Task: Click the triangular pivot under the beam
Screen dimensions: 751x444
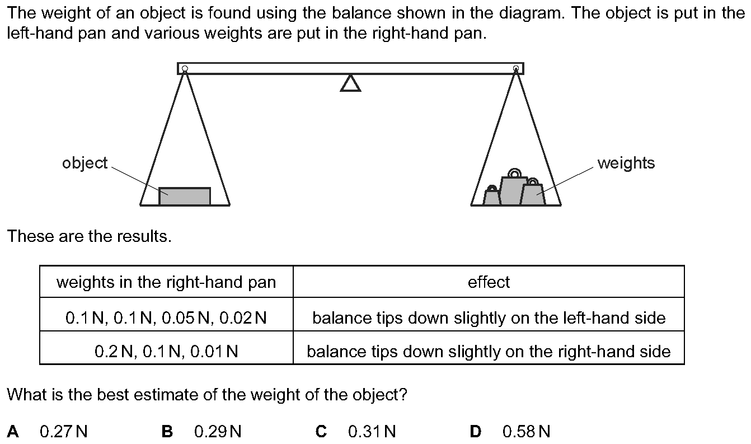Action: (x=350, y=83)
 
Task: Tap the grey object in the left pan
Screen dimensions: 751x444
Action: (x=185, y=196)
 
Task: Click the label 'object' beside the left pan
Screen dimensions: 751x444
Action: (x=85, y=163)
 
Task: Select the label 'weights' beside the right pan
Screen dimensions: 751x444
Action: (x=626, y=163)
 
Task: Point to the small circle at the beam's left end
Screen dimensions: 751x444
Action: (x=185, y=69)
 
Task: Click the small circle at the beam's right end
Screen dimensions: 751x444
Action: (x=516, y=69)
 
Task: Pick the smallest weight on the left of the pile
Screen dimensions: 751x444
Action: (x=491, y=197)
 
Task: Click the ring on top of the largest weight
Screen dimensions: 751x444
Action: (x=514, y=173)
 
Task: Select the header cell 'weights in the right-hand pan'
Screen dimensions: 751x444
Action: (x=166, y=282)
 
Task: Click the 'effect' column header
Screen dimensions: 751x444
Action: (x=489, y=282)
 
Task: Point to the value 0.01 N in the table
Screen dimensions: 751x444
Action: (x=214, y=352)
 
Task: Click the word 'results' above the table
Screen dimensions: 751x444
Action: (x=144, y=236)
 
